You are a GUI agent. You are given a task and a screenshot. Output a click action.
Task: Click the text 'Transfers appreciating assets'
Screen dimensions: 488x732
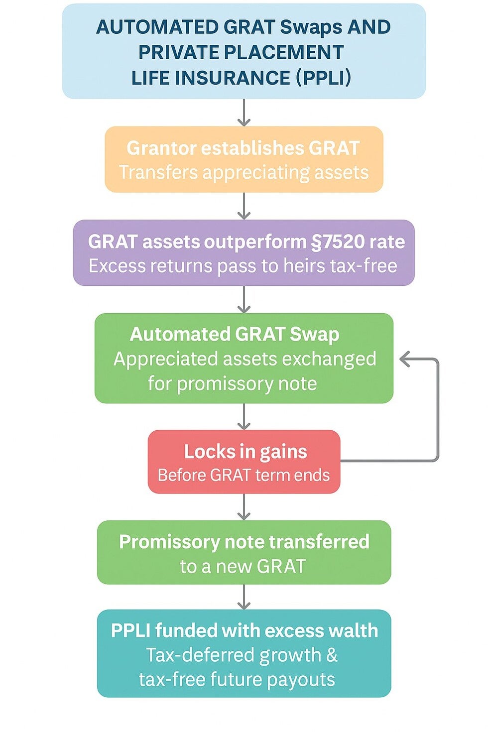244,172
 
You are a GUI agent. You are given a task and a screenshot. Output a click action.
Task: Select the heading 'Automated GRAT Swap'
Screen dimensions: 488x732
235,335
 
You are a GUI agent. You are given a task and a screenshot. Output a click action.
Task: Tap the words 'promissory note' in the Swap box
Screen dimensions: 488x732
247,383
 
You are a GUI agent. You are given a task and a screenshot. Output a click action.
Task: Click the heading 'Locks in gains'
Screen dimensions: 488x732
245,452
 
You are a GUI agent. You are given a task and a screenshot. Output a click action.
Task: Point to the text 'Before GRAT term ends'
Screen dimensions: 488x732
244,475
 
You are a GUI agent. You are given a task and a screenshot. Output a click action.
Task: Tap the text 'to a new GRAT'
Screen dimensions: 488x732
243,566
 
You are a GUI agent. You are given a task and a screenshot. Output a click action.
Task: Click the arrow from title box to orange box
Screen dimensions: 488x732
244,113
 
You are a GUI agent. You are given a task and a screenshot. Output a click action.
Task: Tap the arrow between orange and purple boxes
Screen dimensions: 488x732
244,206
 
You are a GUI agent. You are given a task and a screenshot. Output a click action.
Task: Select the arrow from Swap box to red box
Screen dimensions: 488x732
244,416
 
